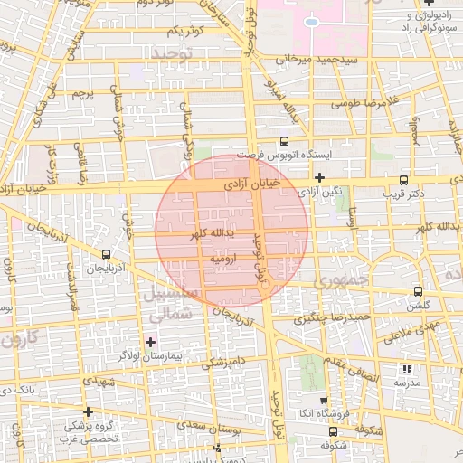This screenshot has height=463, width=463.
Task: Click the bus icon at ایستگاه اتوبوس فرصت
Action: coord(285,141)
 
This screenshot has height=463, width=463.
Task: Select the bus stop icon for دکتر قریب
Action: coord(402,180)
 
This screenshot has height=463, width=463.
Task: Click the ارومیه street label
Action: coord(222,260)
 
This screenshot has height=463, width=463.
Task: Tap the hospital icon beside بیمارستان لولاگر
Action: coord(150,342)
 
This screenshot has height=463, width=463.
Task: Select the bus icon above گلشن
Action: coord(418,291)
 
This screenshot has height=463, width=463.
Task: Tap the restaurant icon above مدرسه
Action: coord(406,369)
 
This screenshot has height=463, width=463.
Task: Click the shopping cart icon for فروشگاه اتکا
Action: coord(323,400)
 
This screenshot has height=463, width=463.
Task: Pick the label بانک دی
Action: coord(19,390)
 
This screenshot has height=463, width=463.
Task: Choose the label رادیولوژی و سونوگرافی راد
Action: coord(416,22)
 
